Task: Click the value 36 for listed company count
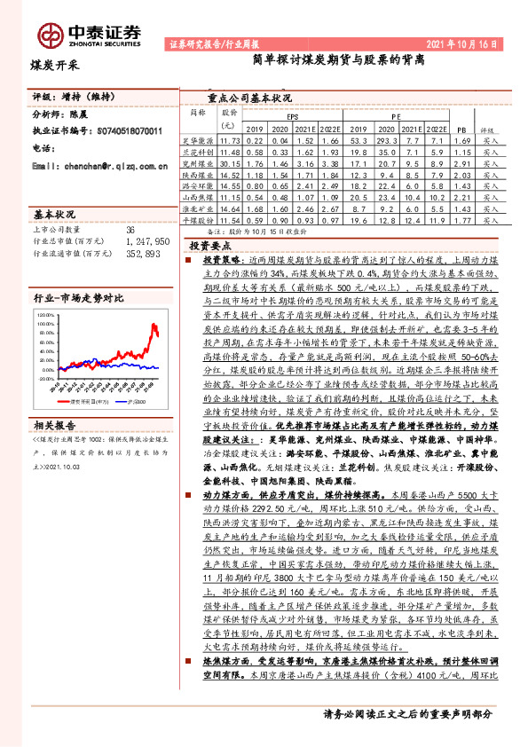pos(130,229)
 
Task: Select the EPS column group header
pos(292,116)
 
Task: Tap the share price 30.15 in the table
pos(230,164)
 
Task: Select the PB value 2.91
pos(460,164)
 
